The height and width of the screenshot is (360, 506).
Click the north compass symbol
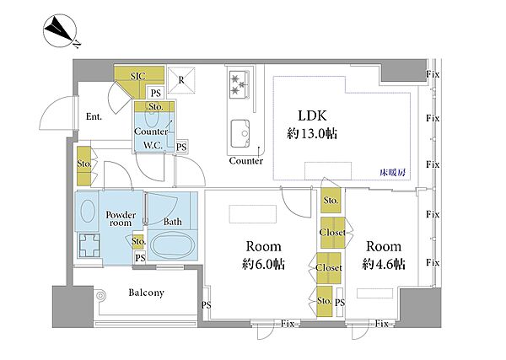(x=60, y=30)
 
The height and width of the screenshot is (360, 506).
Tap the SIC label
(x=138, y=77)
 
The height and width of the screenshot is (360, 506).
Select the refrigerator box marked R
(x=181, y=80)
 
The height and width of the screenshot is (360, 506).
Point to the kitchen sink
(x=240, y=133)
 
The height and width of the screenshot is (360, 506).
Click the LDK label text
(x=312, y=116)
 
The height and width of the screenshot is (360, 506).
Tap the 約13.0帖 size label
(x=312, y=133)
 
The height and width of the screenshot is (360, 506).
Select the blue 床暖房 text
(x=393, y=173)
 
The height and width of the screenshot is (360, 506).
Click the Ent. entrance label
(x=94, y=117)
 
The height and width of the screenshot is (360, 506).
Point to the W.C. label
(x=153, y=145)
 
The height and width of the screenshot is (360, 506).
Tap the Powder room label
(x=121, y=218)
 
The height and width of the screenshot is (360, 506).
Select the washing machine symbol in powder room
(x=89, y=245)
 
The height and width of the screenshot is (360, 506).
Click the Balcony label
(x=147, y=293)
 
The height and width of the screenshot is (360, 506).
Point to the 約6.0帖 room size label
(x=263, y=265)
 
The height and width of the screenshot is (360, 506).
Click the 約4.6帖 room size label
(x=384, y=264)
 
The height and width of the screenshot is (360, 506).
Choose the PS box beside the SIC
(x=156, y=94)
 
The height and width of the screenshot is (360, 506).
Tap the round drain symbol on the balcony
(x=100, y=295)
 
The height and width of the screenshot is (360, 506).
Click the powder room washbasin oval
(x=88, y=212)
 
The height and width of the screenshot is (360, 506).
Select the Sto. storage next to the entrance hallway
(x=83, y=166)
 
